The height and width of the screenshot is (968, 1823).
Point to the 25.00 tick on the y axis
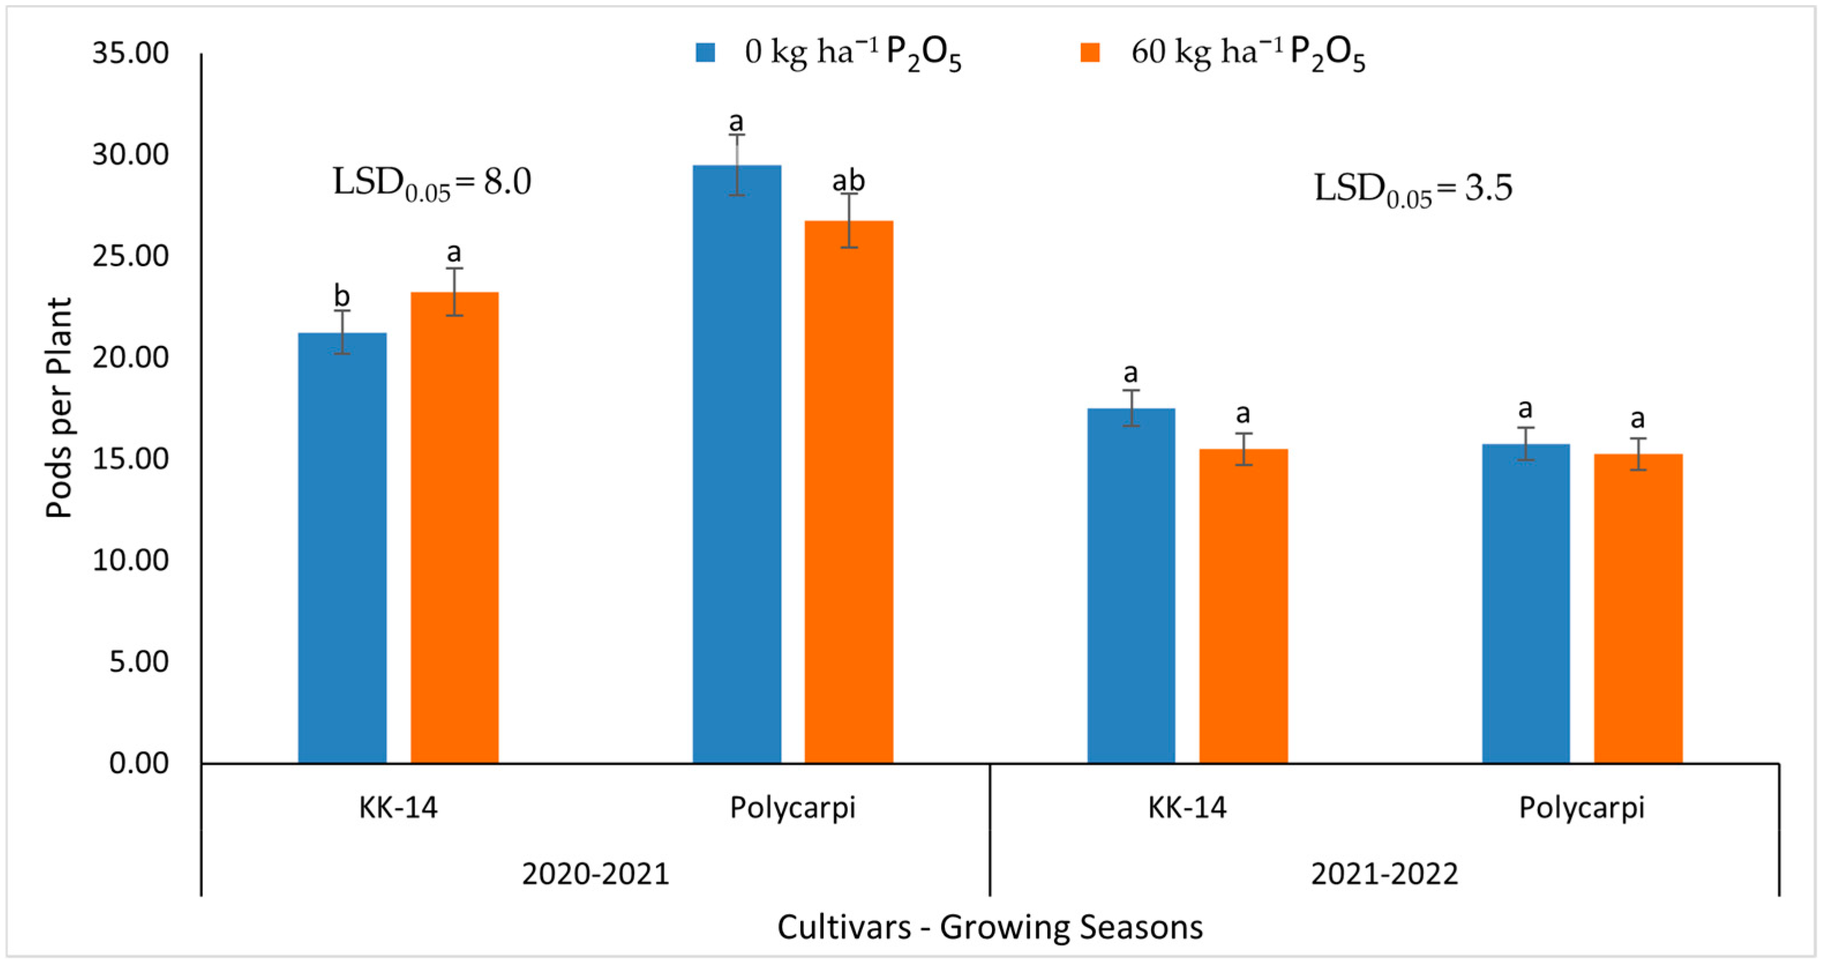(x=130, y=256)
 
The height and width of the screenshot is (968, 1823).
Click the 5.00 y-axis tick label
(x=139, y=662)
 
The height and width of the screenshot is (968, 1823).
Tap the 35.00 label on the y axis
(x=130, y=53)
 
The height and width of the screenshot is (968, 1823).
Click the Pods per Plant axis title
(x=59, y=408)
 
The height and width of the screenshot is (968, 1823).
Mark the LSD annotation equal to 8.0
(x=432, y=183)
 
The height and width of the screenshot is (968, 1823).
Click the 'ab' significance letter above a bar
(x=848, y=181)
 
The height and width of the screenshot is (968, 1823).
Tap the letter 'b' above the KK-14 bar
(x=342, y=296)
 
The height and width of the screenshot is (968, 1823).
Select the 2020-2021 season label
(x=595, y=874)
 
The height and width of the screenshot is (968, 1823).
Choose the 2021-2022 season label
(x=1384, y=874)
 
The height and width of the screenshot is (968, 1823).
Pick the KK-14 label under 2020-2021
(x=398, y=807)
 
